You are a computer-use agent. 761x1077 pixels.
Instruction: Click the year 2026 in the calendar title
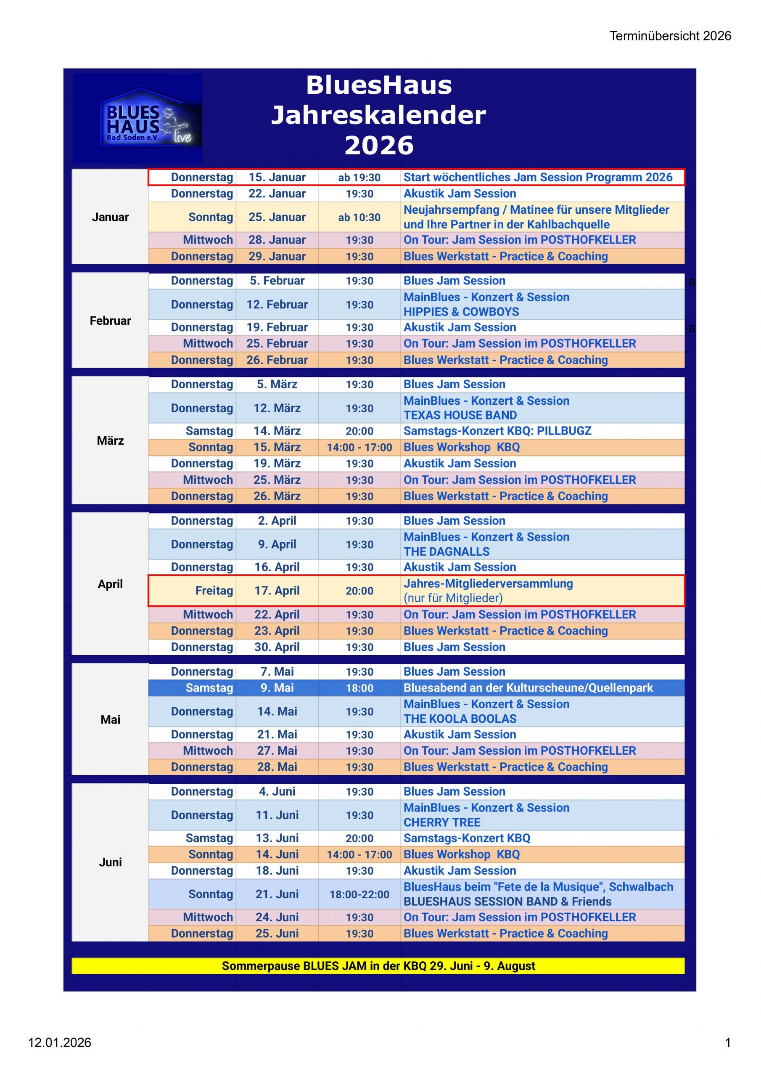pos(379,146)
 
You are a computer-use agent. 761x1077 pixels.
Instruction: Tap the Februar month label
pos(110,321)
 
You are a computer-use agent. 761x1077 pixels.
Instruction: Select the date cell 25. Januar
pos(277,217)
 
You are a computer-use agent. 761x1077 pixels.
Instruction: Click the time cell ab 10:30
pos(359,218)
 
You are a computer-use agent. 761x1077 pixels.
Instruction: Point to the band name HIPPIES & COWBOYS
pos(461,312)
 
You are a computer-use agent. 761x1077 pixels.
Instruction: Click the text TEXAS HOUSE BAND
pos(460,415)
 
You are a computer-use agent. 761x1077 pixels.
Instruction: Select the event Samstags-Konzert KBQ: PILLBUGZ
pos(497,431)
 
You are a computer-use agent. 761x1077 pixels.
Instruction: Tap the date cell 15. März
pos(277,447)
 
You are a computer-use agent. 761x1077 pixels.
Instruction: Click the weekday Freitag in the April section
pos(214,591)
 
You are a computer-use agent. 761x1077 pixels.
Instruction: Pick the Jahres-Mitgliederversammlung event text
pos(488,584)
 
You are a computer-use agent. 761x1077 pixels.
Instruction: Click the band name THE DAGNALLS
pos(447,552)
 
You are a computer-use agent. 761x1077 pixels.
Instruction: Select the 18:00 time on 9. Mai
pos(359,688)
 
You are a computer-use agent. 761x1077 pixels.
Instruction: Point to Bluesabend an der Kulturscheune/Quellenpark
pos(528,688)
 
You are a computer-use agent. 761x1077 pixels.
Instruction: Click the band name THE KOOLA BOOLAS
pos(460,719)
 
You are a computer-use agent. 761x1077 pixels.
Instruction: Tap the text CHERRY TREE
pos(442,822)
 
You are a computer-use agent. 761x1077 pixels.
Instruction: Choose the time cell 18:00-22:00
pos(359,894)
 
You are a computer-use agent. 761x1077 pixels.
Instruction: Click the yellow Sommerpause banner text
pos(378,966)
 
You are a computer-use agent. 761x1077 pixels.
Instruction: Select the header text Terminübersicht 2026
pos(670,36)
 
